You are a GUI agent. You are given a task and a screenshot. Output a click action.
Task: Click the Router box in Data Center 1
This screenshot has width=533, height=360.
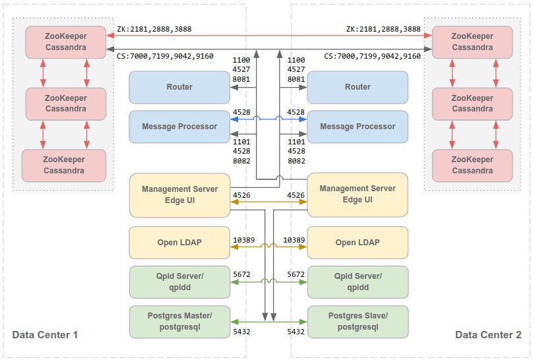(179, 87)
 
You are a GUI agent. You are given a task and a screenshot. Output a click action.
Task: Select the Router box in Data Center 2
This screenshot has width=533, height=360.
(358, 87)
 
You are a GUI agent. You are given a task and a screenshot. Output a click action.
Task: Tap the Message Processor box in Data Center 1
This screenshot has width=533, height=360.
(179, 127)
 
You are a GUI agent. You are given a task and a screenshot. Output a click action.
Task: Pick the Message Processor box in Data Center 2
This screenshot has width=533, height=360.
(358, 127)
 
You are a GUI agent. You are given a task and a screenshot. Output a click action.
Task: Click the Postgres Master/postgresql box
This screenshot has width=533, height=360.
(179, 322)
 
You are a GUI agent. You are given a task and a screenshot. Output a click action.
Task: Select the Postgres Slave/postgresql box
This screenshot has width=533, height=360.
(358, 322)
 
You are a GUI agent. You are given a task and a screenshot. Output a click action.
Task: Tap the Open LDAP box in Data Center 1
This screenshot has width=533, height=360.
(179, 243)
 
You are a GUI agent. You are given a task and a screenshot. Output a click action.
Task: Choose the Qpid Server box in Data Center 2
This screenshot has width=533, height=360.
(358, 282)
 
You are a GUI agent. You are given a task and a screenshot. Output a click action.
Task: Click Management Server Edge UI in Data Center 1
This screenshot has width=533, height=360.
(179, 195)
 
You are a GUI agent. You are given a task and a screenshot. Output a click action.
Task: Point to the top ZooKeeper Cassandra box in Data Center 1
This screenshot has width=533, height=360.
(65, 42)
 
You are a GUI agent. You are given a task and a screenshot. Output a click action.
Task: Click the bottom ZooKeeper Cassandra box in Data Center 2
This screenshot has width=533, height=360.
(472, 165)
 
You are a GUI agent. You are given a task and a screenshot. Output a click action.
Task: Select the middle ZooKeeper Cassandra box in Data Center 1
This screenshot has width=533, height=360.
(65, 104)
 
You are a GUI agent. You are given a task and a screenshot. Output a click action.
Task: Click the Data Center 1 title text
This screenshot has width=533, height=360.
(45, 335)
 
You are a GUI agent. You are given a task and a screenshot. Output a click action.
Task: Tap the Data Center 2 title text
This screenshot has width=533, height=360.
(488, 335)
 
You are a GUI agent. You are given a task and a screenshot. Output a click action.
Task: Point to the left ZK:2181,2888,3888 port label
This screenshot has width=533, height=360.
(154, 29)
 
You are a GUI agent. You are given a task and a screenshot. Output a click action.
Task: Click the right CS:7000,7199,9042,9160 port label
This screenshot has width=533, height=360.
(373, 57)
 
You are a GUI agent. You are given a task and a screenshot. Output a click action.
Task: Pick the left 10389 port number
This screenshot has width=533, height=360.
(245, 240)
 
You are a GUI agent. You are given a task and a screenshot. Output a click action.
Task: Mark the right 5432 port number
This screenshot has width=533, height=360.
(296, 332)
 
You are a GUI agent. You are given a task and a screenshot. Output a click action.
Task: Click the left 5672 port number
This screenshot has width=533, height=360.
(241, 274)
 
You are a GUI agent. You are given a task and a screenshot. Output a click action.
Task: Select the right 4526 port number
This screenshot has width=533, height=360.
(296, 195)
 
